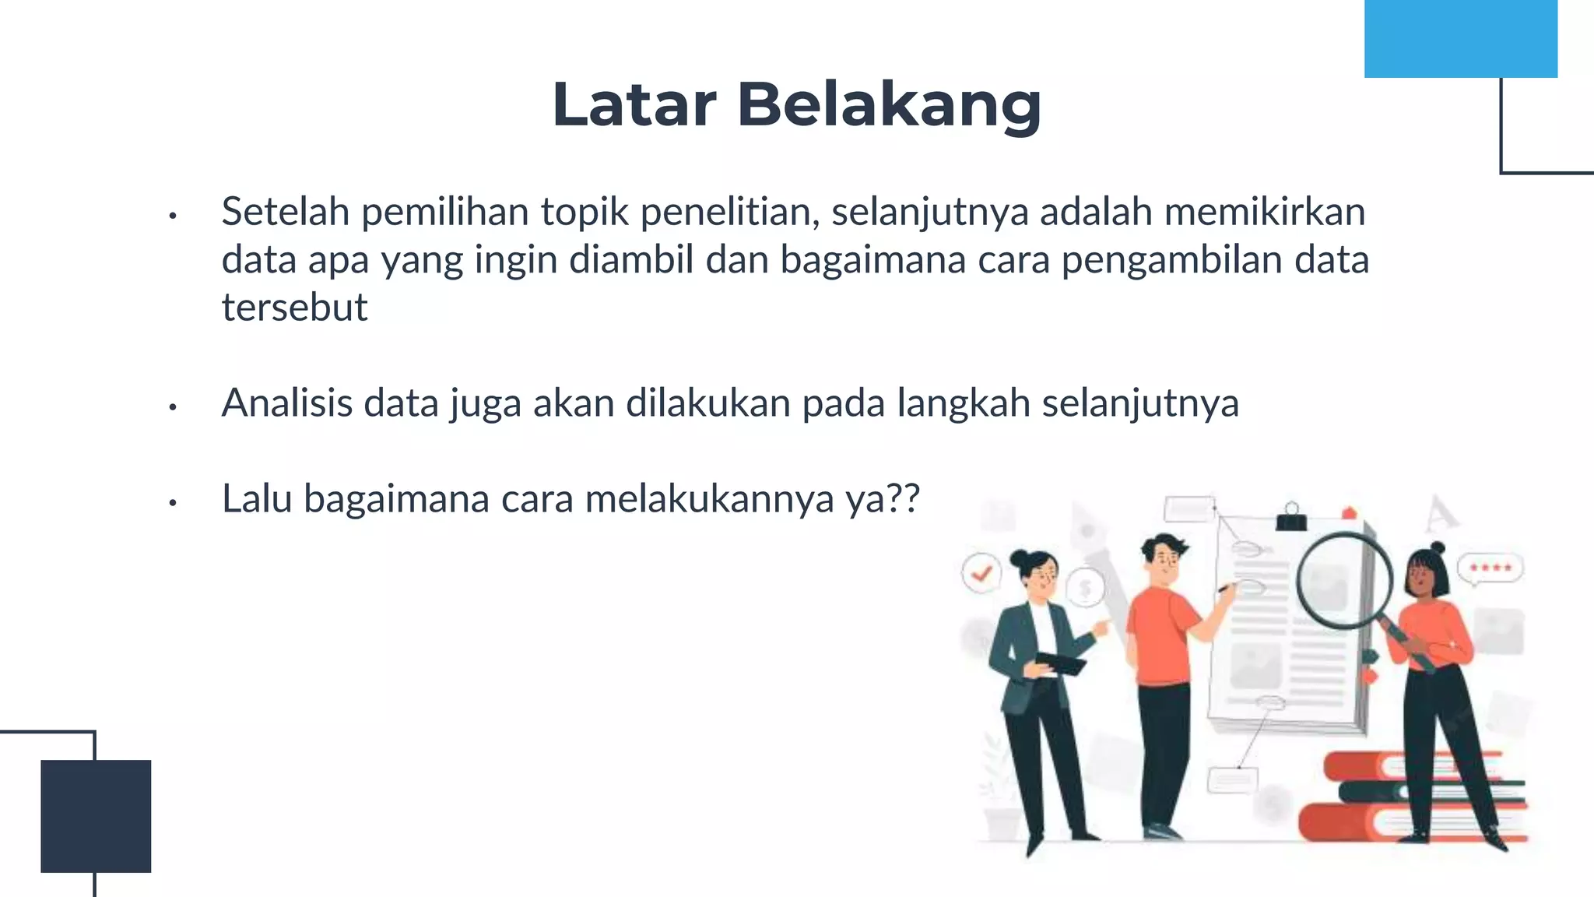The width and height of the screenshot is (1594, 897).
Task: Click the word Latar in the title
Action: coord(634,104)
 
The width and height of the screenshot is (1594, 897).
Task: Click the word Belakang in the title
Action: coord(889,104)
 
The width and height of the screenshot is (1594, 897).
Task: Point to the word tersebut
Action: coord(294,308)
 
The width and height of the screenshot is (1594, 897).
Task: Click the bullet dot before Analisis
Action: coord(173,406)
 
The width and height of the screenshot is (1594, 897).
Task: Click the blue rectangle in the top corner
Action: coord(1460,38)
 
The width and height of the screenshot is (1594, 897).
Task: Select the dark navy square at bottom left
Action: coord(96,815)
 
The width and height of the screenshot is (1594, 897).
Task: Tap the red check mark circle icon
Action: coord(981,574)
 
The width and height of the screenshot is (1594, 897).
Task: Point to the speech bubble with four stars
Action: coord(1490,568)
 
